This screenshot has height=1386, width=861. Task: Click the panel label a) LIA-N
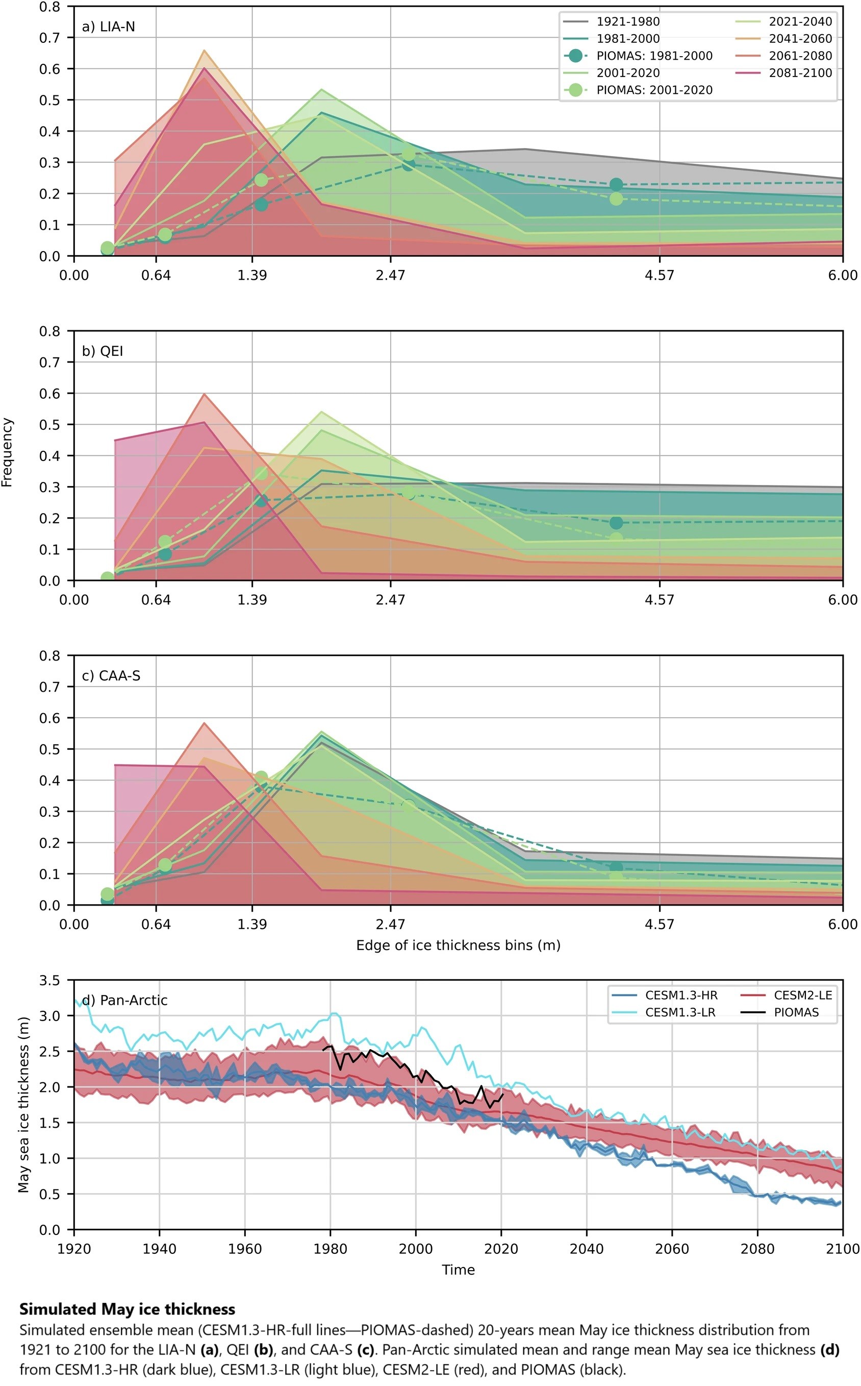tap(108, 27)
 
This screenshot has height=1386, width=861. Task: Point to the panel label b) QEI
tap(103, 351)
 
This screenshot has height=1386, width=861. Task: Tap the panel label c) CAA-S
tap(111, 675)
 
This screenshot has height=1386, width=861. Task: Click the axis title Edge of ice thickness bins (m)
tap(458, 945)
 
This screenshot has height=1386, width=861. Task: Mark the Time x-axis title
tap(458, 1269)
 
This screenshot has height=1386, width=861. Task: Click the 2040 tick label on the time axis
tap(587, 1249)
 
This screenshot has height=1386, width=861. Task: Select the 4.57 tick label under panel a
tap(659, 276)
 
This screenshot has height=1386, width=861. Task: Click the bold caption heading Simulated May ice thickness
tap(127, 1309)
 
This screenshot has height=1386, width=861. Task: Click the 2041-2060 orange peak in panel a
tap(204, 51)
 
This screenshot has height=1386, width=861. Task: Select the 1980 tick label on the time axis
tap(331, 1249)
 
